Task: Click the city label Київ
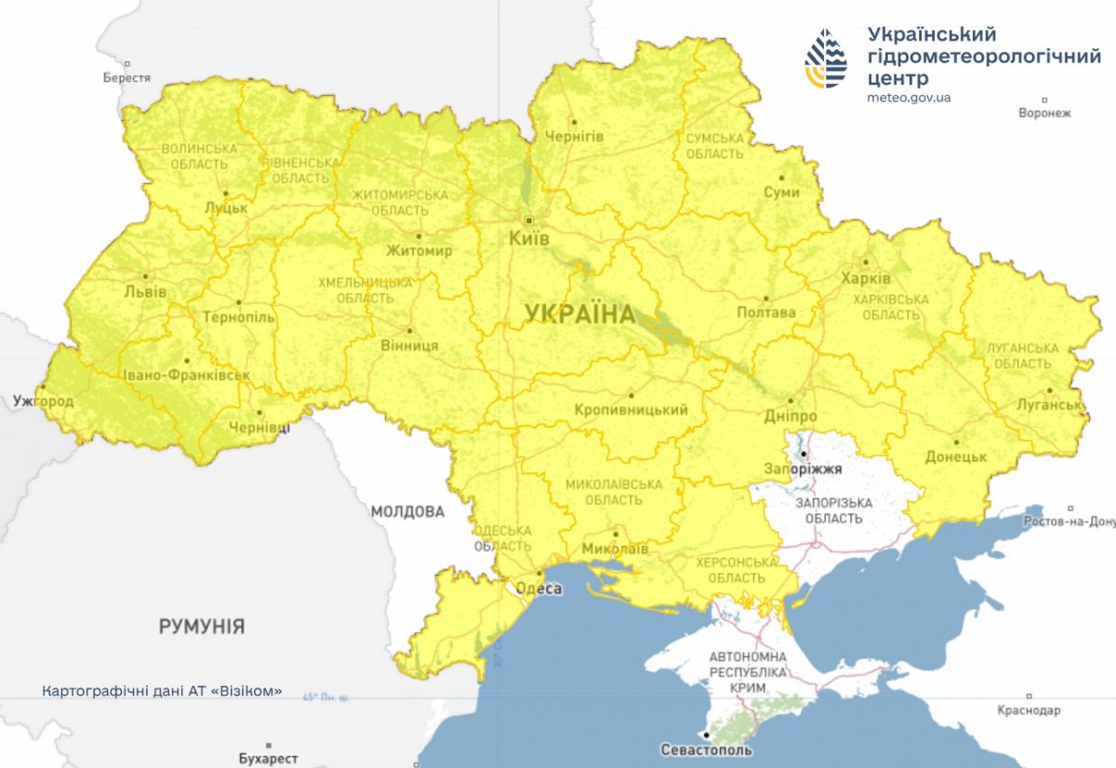point(529,240)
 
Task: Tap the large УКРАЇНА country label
point(579,314)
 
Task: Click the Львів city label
point(145,291)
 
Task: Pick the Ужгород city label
point(43,402)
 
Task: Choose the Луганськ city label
point(1046,405)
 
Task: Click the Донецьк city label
point(956,457)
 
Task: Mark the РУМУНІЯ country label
point(202,626)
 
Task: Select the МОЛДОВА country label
point(407,511)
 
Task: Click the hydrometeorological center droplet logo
point(826,60)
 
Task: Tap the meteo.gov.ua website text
point(908,97)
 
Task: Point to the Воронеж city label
point(1044,113)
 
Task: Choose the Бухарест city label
point(268,759)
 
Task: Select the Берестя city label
point(126,78)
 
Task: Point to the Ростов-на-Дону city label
point(1069,522)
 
